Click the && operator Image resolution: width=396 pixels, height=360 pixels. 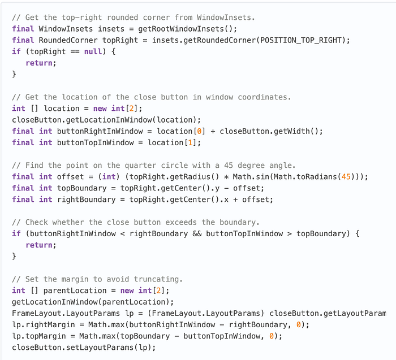pyautogui.click(x=195, y=233)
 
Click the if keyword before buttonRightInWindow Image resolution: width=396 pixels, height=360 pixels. pyautogui.click(x=16, y=233)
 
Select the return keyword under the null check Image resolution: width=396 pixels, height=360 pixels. pyautogui.click(x=41, y=63)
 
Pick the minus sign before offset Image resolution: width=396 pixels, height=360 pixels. pyautogui.click(x=226, y=188)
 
